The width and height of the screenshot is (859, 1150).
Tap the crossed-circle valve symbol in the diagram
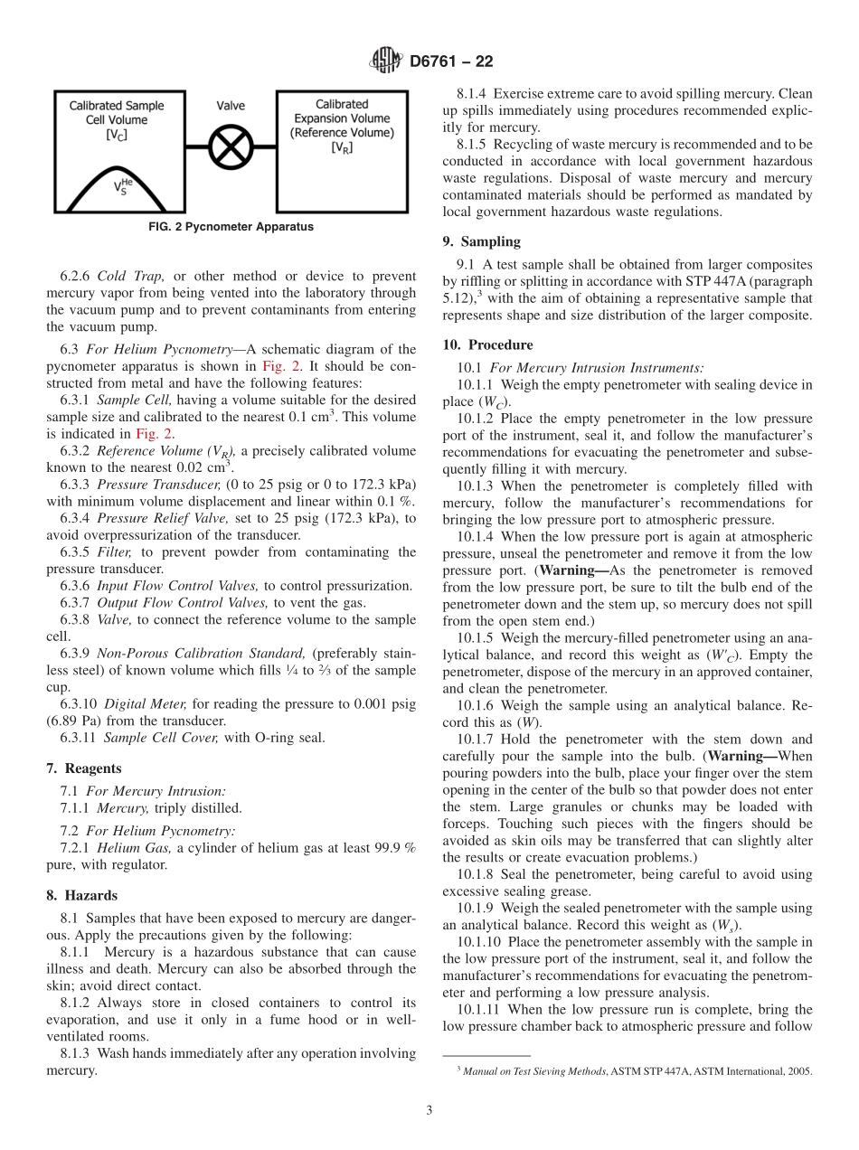[x=231, y=145]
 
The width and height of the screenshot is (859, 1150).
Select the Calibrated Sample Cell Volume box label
[x=117, y=112]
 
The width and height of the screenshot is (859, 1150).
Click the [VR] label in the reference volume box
[x=342, y=147]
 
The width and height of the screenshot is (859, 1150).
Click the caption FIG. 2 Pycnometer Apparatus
[x=231, y=227]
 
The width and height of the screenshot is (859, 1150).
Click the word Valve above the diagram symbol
[x=231, y=106]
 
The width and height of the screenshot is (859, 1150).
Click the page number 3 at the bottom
[x=429, y=1110]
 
